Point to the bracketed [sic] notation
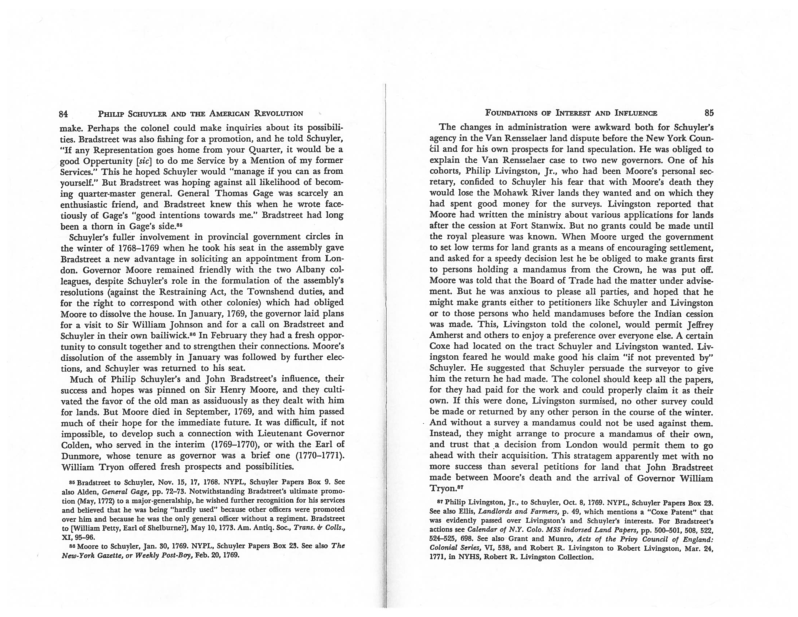click(143, 160)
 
